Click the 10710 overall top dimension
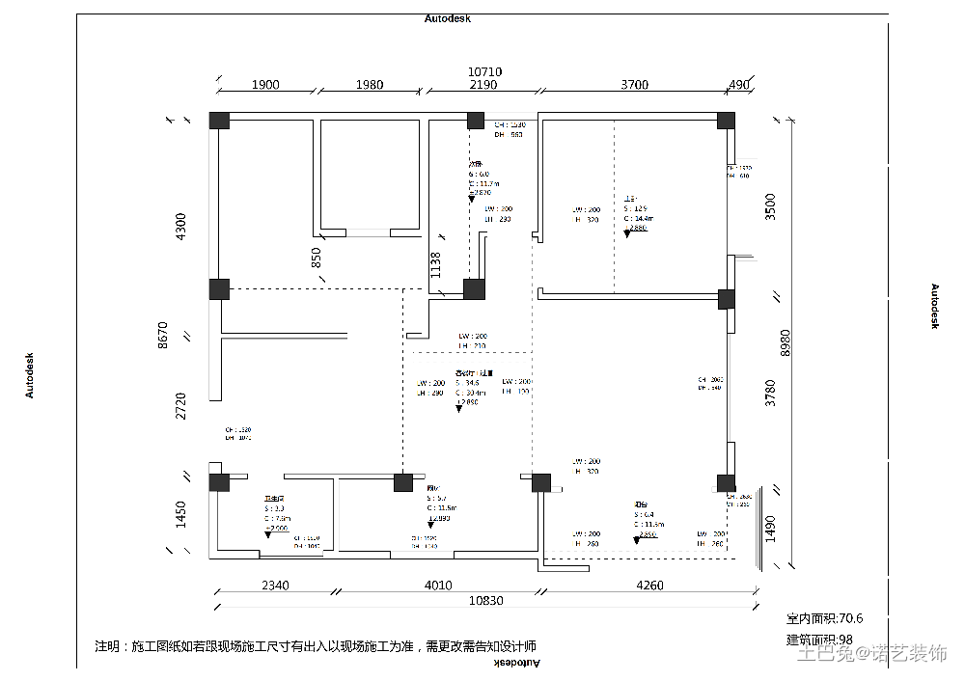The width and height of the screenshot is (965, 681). (x=484, y=71)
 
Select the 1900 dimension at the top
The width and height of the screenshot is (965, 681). (x=265, y=85)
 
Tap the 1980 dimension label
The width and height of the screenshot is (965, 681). (x=369, y=85)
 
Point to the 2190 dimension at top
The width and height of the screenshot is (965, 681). (x=482, y=85)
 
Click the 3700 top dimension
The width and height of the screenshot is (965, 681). (x=634, y=85)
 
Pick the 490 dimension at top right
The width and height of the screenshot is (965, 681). (x=739, y=85)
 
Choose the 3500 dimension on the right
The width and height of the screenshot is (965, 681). (x=770, y=207)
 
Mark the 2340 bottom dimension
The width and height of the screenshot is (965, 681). (x=275, y=585)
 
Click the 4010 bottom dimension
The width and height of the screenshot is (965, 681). (x=437, y=585)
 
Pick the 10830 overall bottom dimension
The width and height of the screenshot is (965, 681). (x=485, y=600)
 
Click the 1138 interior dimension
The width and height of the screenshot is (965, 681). (x=436, y=265)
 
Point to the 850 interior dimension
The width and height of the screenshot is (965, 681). (x=317, y=258)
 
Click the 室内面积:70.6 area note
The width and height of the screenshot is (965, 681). (x=824, y=618)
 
